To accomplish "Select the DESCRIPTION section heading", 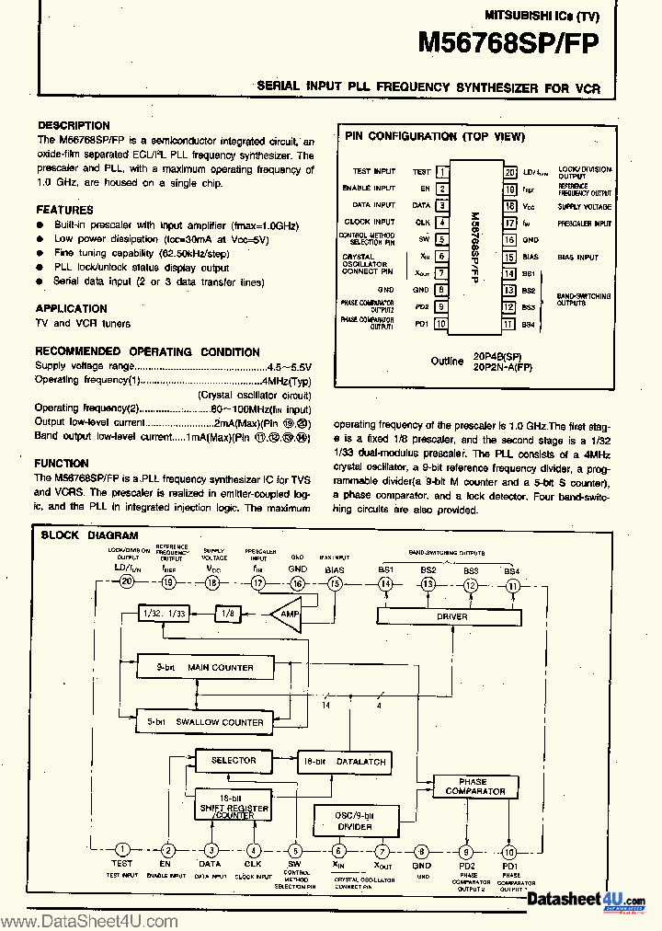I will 74,125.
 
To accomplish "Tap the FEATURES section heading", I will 64,210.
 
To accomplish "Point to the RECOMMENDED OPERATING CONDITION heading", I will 147,351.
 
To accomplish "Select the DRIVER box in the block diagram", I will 451,616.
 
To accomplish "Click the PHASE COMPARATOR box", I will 474,787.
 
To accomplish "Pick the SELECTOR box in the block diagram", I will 233,761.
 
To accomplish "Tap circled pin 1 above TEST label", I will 121,851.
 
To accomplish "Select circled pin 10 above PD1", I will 510,851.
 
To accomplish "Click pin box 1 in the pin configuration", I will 442,171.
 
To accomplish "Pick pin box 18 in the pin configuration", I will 508,205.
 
